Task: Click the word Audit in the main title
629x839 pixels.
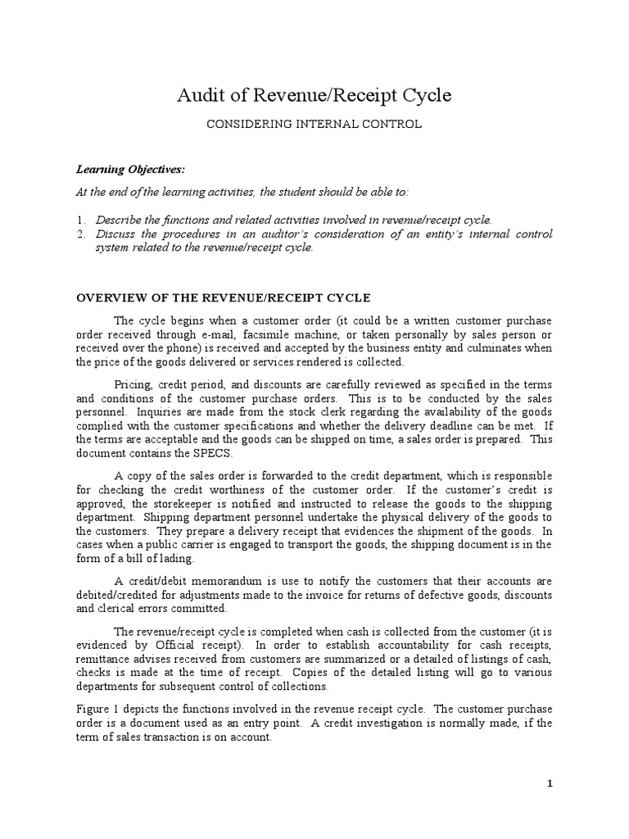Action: point(200,96)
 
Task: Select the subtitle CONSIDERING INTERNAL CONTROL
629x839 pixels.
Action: point(314,125)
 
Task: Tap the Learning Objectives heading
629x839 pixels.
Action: point(131,170)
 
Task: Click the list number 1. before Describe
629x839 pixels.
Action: point(81,220)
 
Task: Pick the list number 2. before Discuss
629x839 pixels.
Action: point(81,234)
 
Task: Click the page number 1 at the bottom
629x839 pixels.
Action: point(550,784)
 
